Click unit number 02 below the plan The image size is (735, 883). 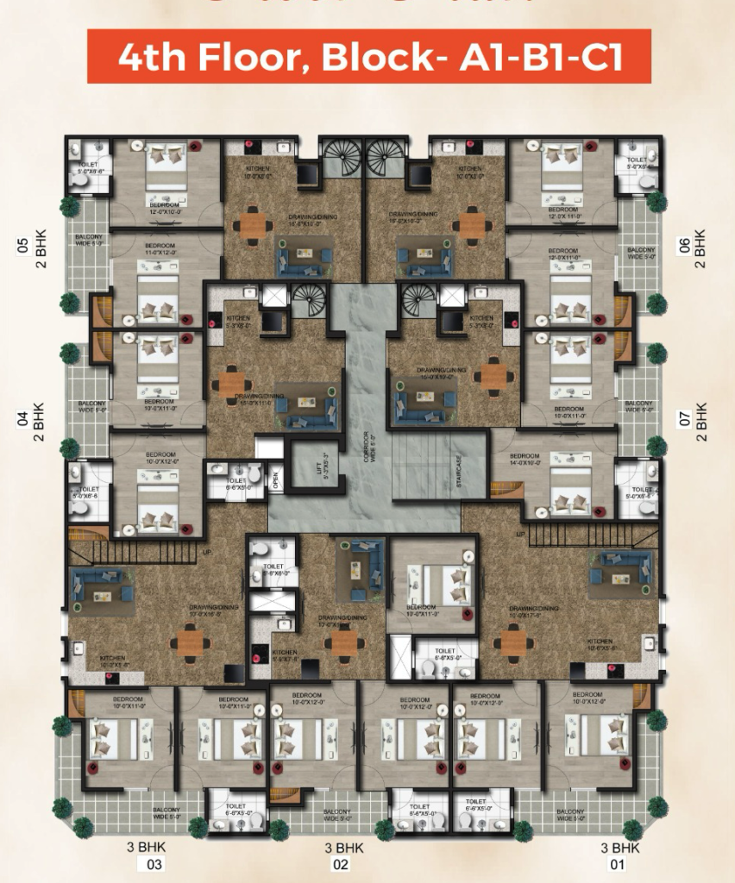coord(342,864)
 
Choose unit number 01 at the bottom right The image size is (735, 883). coord(618,864)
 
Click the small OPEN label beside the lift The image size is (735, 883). coord(275,480)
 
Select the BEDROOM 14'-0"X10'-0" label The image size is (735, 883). coord(524,459)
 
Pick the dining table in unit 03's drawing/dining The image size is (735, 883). coord(190,641)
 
